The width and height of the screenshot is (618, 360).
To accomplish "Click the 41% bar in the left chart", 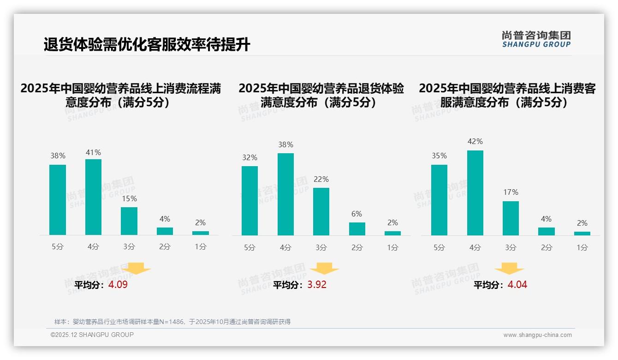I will point(93,197).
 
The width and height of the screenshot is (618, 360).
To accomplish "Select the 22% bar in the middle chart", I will point(321,211).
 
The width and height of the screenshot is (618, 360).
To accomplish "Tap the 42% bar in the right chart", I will point(475,192).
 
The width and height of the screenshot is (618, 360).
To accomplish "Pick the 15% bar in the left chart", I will point(129,221).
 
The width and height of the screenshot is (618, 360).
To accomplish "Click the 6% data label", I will point(357,214).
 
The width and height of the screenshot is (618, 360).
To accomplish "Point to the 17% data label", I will point(511,192).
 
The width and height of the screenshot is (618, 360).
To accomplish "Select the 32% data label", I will point(250,157).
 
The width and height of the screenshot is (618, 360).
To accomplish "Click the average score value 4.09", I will point(118,285).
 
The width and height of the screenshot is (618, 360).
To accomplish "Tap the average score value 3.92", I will point(317,285).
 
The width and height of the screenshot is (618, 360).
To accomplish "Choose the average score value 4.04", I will point(517,285).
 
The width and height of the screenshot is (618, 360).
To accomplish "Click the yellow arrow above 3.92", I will point(324,269).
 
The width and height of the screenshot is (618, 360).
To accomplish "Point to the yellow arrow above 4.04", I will point(509,269).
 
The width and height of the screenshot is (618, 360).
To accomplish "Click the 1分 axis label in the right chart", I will point(582,247).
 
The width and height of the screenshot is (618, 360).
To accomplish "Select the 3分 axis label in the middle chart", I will point(321,247).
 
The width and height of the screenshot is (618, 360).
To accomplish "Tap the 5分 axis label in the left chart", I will point(58,246).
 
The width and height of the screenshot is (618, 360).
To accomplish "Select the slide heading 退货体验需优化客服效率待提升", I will point(147,45).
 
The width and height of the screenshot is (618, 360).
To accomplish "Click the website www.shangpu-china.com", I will point(537,335).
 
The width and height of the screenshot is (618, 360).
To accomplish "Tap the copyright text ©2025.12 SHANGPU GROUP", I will point(92,335).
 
